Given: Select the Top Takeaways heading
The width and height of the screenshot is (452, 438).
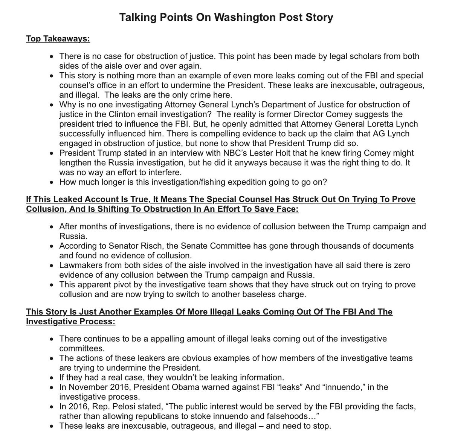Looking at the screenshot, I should click(x=58, y=39).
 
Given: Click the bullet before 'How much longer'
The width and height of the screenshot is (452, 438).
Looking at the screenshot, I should click(x=52, y=182).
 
